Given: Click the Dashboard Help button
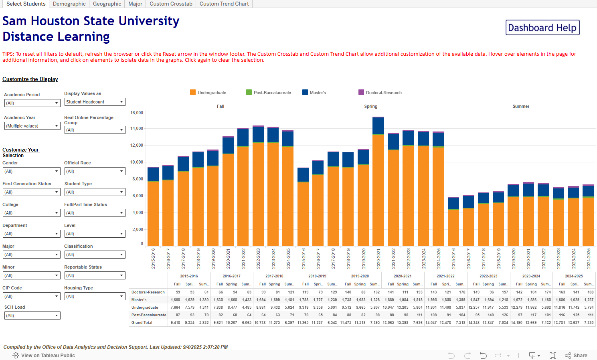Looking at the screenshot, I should point(542,28).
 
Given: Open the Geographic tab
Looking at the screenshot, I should point(107,4).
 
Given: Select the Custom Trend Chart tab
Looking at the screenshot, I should point(224,4).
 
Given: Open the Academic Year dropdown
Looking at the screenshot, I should point(32,126).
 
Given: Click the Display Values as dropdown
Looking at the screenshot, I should point(95,102).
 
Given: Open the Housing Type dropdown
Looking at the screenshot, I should point(95,296).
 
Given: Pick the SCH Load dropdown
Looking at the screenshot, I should point(32,316).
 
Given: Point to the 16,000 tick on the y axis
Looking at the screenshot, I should point(137,113).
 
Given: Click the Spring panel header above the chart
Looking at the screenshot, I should point(370,106).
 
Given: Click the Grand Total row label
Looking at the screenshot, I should point(142,323).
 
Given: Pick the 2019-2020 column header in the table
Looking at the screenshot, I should point(360,276).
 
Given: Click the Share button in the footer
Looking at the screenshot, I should point(576,356).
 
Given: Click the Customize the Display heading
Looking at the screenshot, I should point(30,79).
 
